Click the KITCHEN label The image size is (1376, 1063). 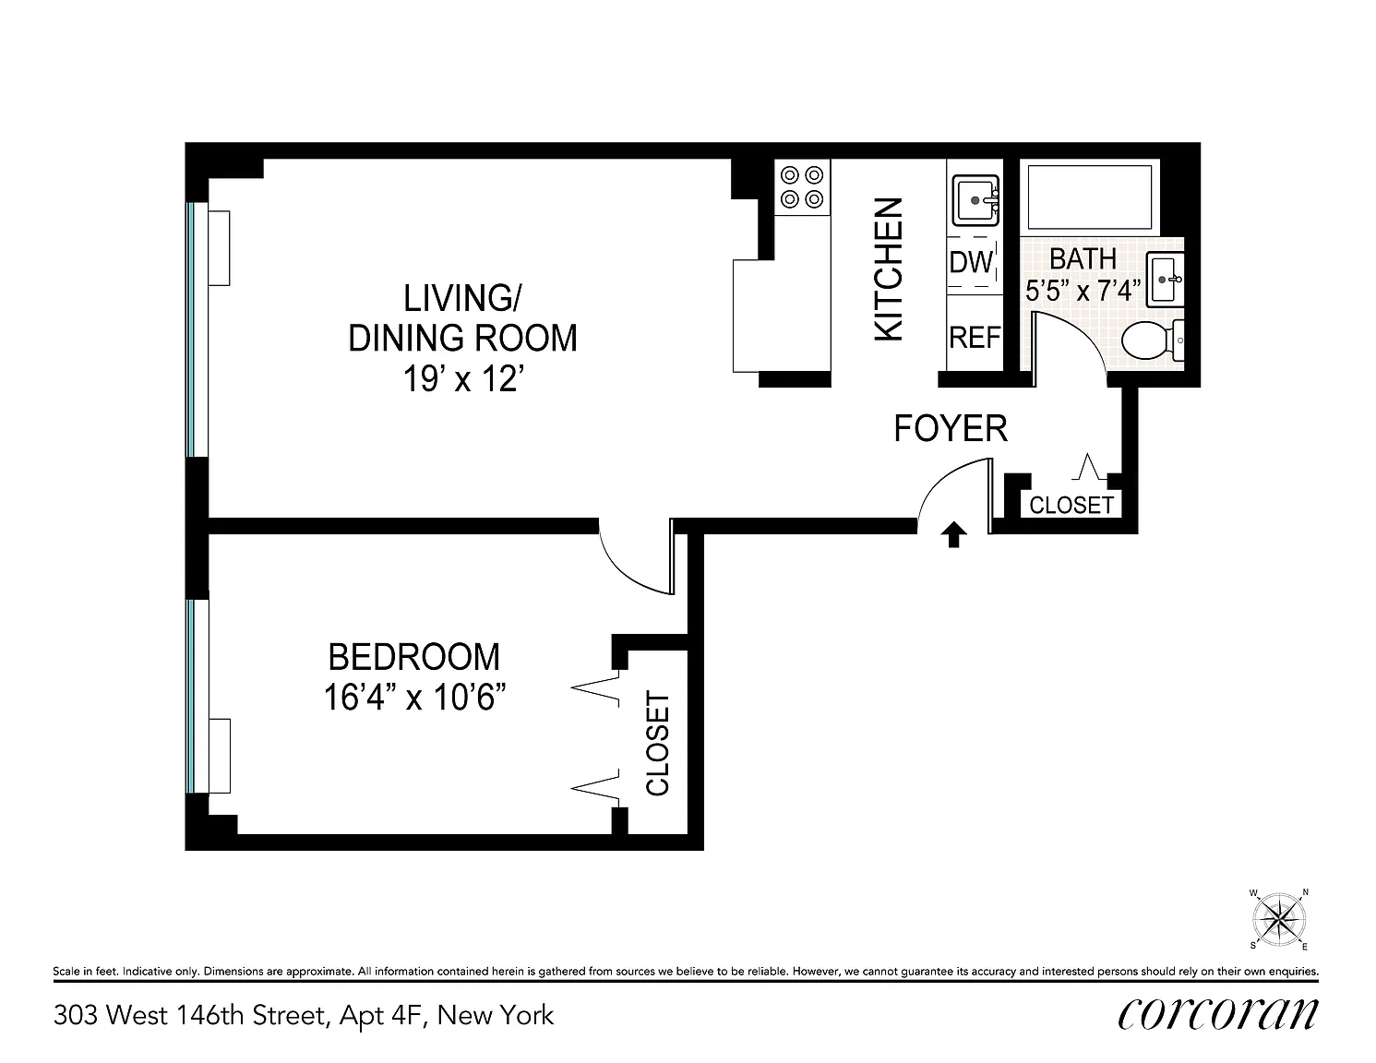(x=889, y=269)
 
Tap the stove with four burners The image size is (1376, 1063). (x=802, y=187)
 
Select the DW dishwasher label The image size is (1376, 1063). (x=972, y=261)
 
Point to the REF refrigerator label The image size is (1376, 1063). (x=975, y=338)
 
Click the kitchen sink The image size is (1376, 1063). (x=975, y=201)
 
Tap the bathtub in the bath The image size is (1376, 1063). (x=1089, y=197)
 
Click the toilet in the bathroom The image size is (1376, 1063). (x=1152, y=340)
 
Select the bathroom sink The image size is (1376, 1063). (x=1166, y=280)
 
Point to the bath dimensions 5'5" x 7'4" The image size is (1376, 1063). (x=1083, y=292)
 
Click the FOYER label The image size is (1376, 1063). (x=951, y=429)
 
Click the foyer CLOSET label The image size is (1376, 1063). (x=1071, y=506)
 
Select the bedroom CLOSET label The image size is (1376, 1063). (x=657, y=743)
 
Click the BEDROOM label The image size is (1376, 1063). (x=414, y=657)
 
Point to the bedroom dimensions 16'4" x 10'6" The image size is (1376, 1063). (x=414, y=697)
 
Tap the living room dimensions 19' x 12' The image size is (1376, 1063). (x=463, y=379)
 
